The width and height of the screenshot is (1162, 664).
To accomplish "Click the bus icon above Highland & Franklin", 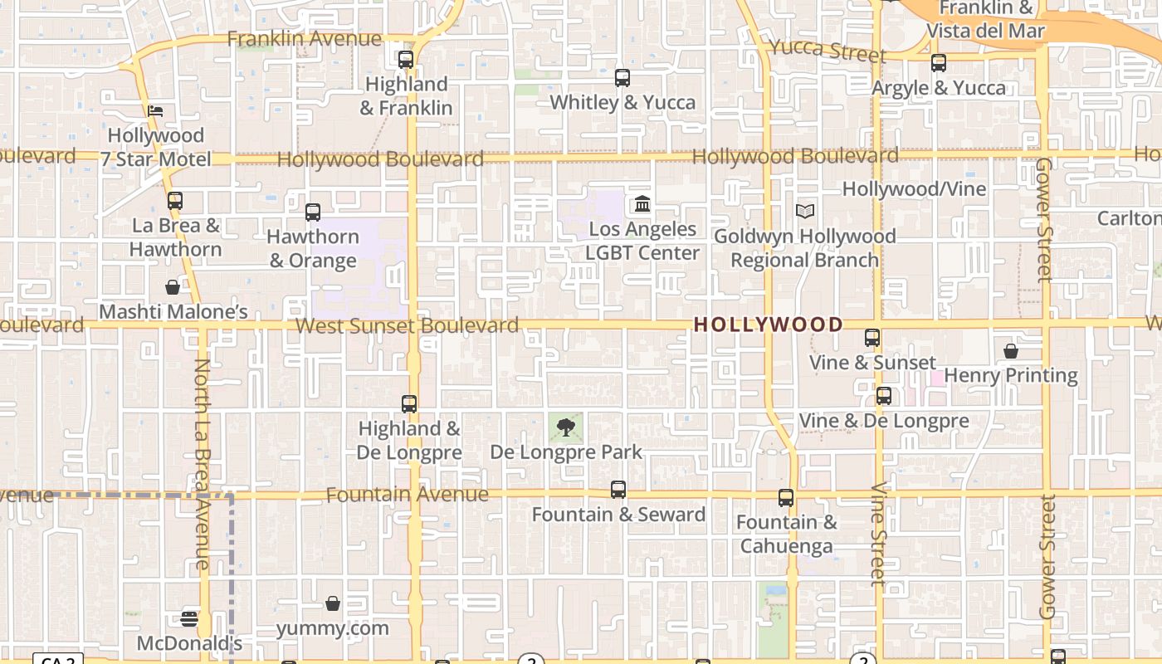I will (x=406, y=60).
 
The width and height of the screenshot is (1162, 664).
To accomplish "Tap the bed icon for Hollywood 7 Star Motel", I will (x=155, y=111).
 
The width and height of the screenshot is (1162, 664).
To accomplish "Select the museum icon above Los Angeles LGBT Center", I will (x=642, y=203).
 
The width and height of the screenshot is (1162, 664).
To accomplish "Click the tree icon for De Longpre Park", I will (x=566, y=428).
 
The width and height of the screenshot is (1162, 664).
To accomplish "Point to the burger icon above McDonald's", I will (x=189, y=618).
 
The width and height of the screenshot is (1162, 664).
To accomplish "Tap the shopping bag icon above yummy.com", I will (x=333, y=603).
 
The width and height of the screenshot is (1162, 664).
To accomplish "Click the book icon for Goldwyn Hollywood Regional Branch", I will (x=804, y=212).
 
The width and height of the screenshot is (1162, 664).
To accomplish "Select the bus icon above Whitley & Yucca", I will (x=622, y=78).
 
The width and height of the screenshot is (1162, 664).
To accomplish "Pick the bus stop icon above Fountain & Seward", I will (x=618, y=490).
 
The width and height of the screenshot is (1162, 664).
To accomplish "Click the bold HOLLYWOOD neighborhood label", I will (x=769, y=325).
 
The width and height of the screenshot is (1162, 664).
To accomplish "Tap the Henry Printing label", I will (x=1010, y=375).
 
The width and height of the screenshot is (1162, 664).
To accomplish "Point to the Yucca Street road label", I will (x=828, y=50).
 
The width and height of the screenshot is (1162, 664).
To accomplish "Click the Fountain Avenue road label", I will (x=407, y=495).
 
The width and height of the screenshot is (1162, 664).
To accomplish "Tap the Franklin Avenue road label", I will (x=304, y=39).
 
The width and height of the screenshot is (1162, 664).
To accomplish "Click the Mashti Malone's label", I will (x=173, y=312).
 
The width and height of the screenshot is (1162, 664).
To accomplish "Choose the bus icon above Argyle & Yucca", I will (x=939, y=63).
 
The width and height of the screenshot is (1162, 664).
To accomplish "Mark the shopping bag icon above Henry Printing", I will (x=1011, y=352).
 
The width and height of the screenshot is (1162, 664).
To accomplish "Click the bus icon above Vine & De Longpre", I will (x=884, y=396).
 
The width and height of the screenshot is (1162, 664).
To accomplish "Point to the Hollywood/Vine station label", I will (x=914, y=189).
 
